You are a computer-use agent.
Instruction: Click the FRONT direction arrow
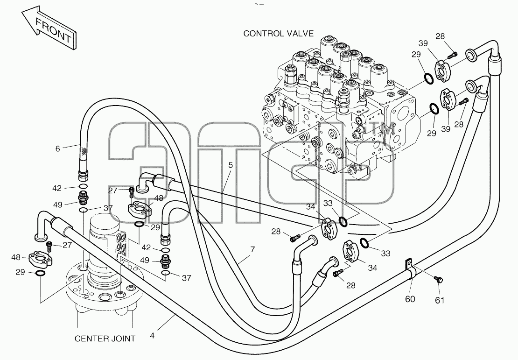point(49,28)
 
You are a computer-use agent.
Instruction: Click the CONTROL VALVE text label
point(278,34)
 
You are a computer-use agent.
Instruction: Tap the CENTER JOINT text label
point(105,339)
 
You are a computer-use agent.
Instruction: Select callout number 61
point(440,300)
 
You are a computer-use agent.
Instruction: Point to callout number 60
point(410,299)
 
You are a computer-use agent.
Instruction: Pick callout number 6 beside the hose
point(58,149)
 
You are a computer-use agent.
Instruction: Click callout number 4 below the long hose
point(152,336)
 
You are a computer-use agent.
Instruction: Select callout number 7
point(253,250)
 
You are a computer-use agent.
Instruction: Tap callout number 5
point(231,165)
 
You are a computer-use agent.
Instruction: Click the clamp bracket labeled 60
point(410,268)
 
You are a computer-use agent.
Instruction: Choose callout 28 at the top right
point(440,36)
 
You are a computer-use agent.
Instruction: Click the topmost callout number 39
point(423,43)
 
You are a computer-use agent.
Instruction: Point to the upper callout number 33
point(328,203)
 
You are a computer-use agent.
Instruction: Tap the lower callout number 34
point(372,268)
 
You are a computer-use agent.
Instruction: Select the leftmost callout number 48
point(15,257)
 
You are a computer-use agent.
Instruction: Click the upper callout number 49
point(58,205)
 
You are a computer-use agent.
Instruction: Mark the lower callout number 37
point(187,278)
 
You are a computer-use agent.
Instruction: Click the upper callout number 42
point(57,188)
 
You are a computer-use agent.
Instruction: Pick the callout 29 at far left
point(21,272)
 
